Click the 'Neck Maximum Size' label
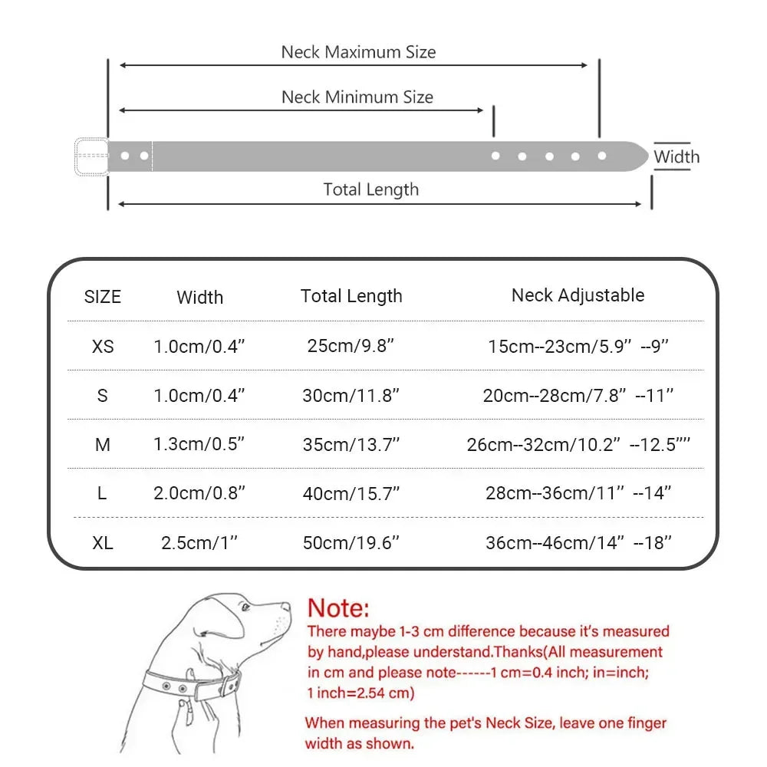358,52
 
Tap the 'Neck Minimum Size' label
357,97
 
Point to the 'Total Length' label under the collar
371,189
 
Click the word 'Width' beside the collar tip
676,157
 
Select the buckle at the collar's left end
91,156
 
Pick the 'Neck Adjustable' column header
578,295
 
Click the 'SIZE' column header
103,297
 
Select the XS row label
103,346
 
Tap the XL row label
103,543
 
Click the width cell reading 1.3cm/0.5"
199,445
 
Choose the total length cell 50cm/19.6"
351,543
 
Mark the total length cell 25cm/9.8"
351,346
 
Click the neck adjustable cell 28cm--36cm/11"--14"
579,493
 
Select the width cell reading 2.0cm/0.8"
199,493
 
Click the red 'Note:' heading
338,609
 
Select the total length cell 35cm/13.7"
351,445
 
